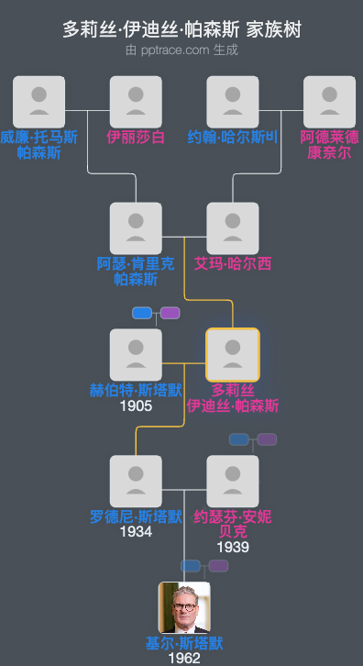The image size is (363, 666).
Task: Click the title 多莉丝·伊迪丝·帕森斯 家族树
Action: (181, 29)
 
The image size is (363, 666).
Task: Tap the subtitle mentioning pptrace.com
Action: (181, 50)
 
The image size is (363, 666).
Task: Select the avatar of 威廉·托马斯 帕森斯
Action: (39, 102)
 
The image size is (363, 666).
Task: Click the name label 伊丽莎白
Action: (136, 138)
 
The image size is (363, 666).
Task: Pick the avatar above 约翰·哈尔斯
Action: (233, 102)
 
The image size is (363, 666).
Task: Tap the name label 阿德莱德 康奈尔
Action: (329, 145)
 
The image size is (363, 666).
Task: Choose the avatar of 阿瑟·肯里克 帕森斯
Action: (136, 228)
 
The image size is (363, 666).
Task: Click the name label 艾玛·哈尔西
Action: (233, 264)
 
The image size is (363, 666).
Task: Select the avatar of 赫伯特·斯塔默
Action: (136, 354)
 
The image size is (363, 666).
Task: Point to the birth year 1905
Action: (136, 405)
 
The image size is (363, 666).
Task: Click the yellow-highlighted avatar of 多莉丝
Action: (233, 354)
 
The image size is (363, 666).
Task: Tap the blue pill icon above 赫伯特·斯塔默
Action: (142, 313)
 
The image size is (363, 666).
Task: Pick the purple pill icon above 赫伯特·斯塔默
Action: (170, 313)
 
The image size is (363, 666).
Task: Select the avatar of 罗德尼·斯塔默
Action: (136, 481)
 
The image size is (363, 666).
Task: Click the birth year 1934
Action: (136, 532)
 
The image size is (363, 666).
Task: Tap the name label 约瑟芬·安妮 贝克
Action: (233, 524)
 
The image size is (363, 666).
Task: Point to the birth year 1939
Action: (233, 547)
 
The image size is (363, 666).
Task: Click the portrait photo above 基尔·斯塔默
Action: (184, 607)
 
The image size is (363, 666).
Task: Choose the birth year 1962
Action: (184, 659)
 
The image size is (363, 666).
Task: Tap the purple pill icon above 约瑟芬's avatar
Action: (267, 439)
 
